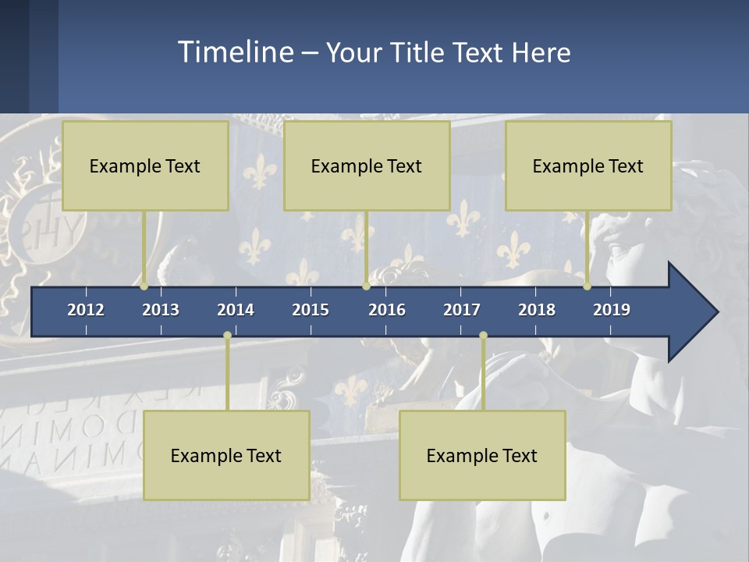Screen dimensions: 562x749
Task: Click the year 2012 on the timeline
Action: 86,310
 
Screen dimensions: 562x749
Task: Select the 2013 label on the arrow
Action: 161,310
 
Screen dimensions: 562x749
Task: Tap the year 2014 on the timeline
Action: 236,310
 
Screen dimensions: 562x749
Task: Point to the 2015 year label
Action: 311,310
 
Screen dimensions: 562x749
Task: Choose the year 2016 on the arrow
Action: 387,310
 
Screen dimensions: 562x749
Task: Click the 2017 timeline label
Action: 462,310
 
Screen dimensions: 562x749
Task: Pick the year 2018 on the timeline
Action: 537,310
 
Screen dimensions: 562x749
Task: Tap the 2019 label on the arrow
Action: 612,310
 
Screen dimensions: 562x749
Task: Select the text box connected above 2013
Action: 145,165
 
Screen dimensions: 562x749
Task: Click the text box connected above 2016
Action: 367,165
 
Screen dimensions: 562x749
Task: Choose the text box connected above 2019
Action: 588,165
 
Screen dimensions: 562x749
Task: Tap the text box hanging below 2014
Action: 226,455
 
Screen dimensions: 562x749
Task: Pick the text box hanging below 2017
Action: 482,455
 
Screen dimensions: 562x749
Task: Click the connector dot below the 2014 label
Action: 227,336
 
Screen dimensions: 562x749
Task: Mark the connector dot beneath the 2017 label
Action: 483,336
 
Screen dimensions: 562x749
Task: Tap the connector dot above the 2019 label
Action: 587,286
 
